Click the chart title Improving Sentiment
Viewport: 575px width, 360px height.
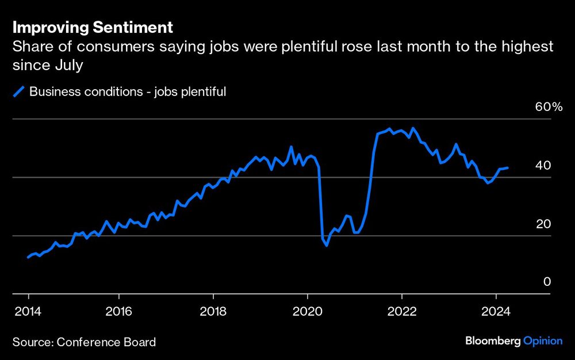(x=93, y=27)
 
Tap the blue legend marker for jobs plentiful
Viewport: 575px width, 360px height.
(x=19, y=91)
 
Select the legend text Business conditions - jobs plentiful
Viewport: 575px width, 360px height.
(x=127, y=91)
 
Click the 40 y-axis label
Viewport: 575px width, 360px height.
(x=543, y=166)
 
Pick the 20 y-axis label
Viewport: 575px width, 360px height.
(x=543, y=224)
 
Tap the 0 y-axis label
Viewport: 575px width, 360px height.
(x=547, y=282)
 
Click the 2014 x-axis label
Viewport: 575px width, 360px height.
(x=28, y=313)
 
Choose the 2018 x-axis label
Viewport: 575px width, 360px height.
(x=213, y=313)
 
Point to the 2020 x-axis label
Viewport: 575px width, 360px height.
(x=307, y=313)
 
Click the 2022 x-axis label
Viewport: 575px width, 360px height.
(x=401, y=313)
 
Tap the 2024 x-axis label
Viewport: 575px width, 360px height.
(x=496, y=313)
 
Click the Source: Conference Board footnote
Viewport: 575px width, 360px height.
(x=84, y=342)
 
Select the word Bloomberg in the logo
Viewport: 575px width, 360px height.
(x=493, y=341)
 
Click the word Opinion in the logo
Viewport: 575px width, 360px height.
(x=543, y=341)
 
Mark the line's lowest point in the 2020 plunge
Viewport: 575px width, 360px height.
(x=327, y=246)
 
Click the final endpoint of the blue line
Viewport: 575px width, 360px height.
(x=507, y=168)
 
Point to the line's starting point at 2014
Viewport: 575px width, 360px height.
(x=28, y=257)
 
